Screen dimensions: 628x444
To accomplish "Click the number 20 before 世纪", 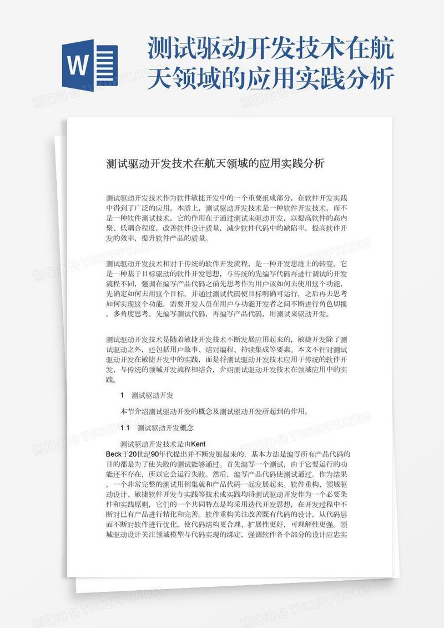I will click(x=133, y=454).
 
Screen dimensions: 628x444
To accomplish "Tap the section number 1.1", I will click(x=125, y=428).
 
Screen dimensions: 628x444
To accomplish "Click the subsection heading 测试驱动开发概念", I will click(x=165, y=428).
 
